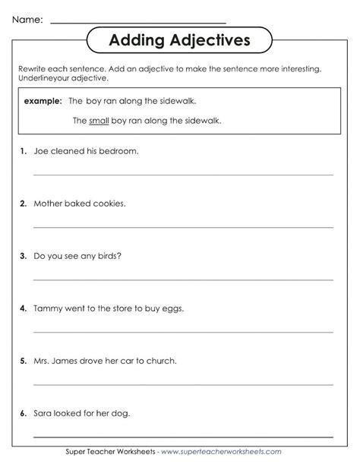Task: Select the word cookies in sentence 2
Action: (x=109, y=204)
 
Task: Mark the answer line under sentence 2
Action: (x=182, y=227)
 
